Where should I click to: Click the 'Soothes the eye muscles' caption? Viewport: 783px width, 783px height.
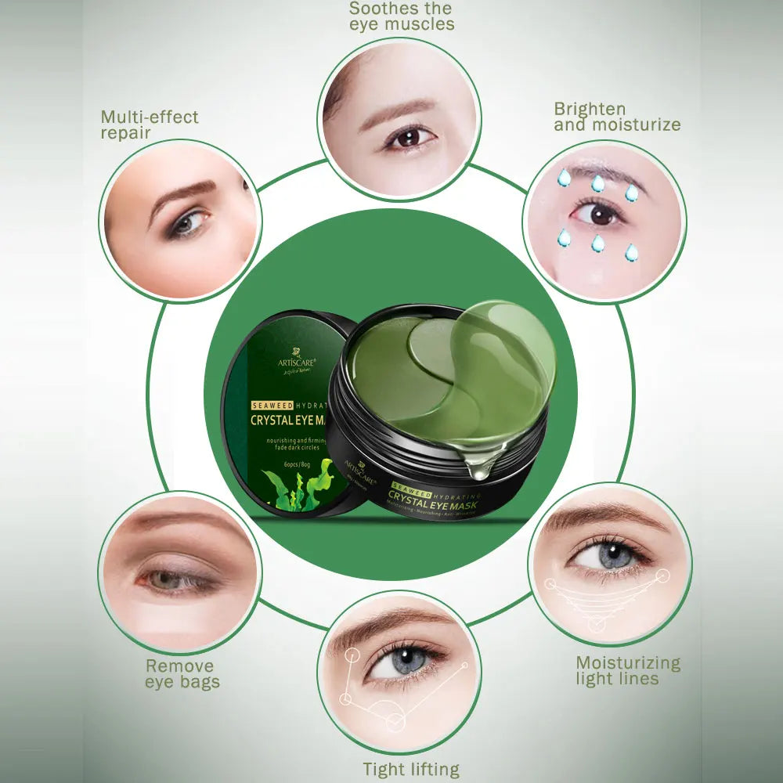(401, 16)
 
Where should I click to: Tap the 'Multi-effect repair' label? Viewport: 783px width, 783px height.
(150, 125)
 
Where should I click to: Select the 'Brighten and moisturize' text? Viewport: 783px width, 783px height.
(617, 117)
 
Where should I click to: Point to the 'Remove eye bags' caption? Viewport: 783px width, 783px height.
(182, 674)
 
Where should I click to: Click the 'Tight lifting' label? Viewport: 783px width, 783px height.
(410, 769)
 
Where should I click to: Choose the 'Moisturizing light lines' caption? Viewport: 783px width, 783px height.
(628, 671)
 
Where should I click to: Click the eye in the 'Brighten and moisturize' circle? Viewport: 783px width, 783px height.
(600, 213)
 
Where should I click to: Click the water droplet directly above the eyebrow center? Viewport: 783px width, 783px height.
(597, 184)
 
